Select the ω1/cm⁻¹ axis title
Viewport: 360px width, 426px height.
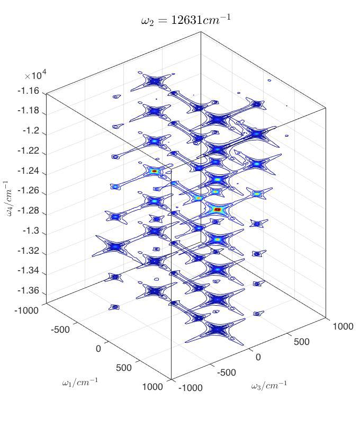tap(80, 382)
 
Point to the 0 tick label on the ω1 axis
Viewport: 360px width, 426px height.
tap(98, 348)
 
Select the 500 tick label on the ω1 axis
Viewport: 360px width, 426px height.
tap(123, 368)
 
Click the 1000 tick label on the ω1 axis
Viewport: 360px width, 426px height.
tap(152, 387)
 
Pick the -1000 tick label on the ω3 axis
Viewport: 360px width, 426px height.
tap(191, 387)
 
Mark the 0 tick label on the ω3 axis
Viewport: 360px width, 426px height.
tap(258, 357)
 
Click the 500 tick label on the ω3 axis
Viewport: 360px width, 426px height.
tap(301, 342)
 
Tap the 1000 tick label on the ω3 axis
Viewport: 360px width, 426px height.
tap(343, 326)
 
